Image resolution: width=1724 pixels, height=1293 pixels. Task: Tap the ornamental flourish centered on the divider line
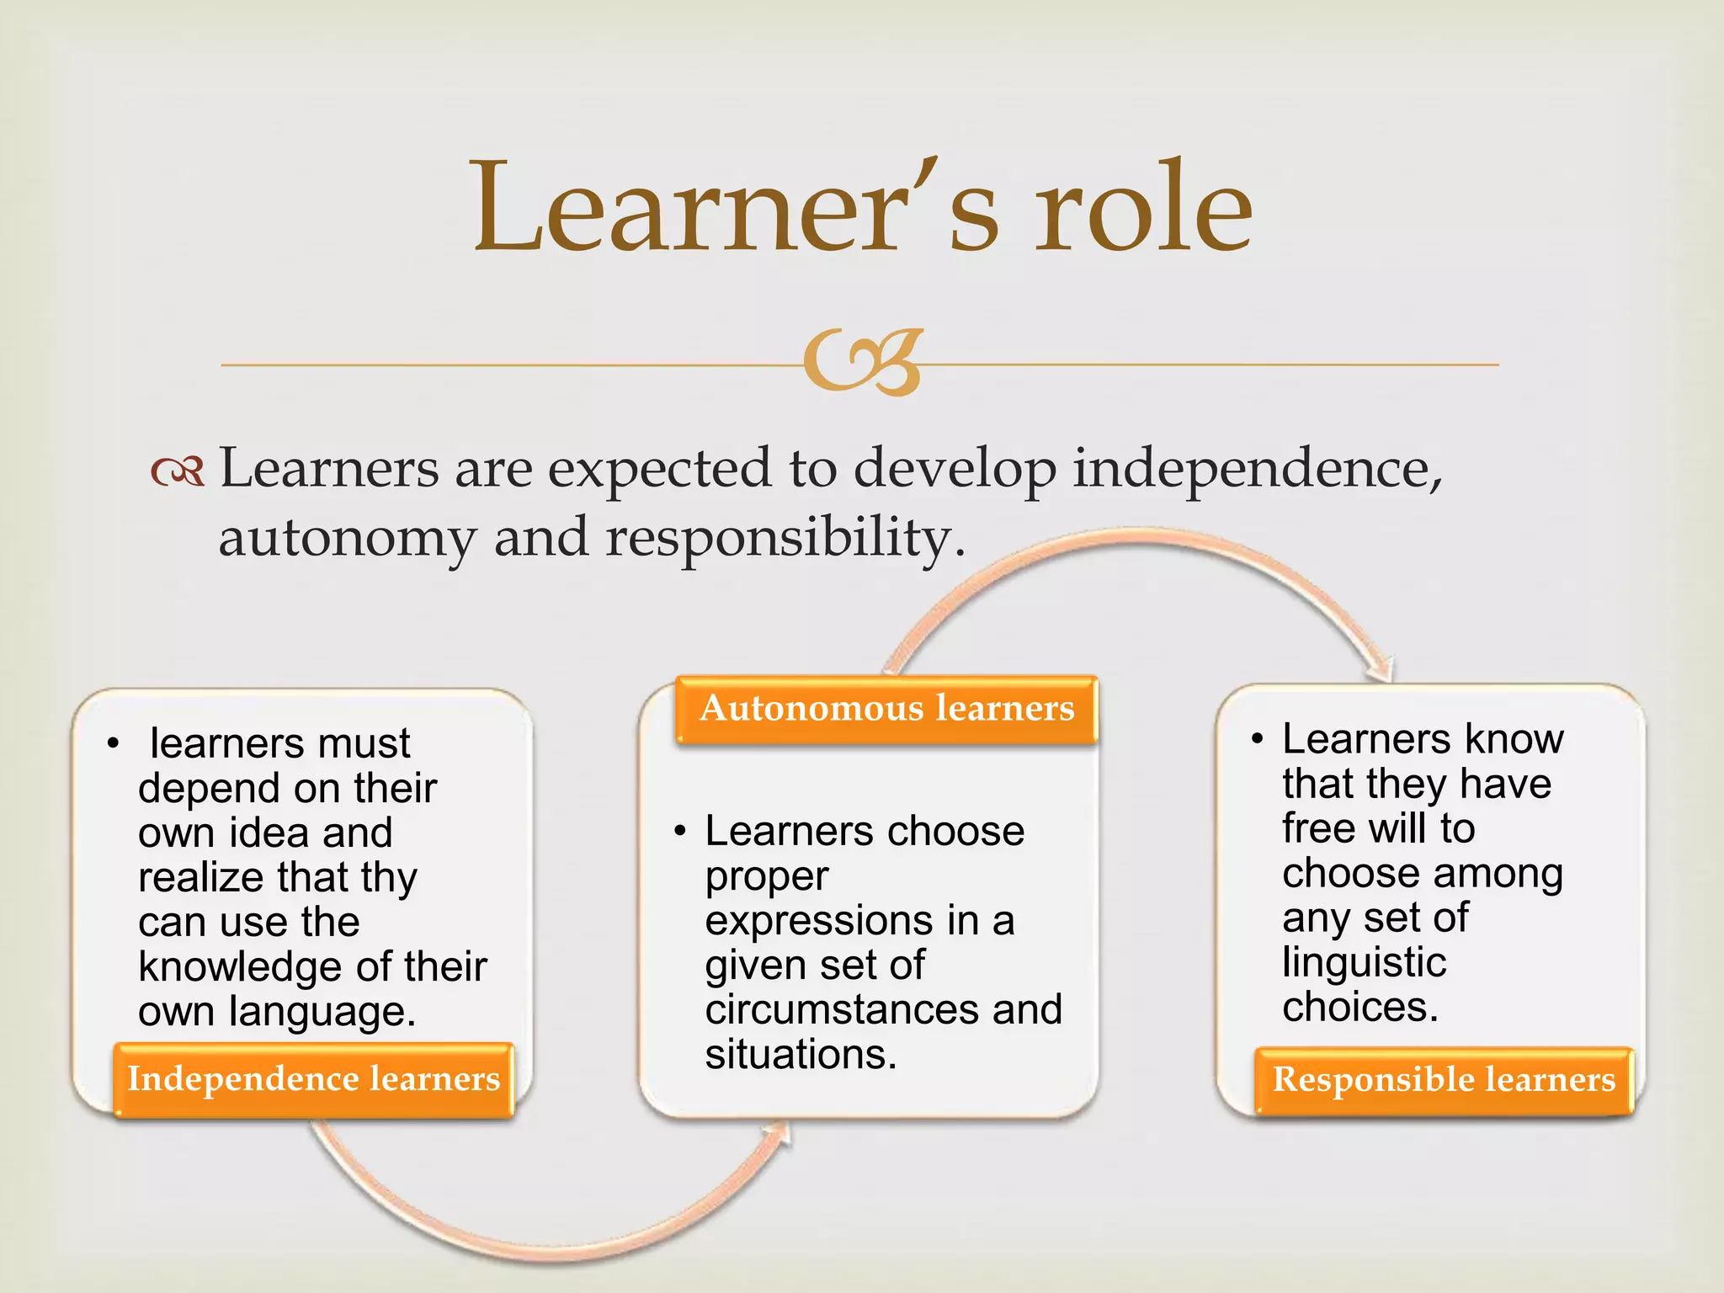coord(862,362)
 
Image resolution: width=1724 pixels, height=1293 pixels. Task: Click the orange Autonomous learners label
coord(887,709)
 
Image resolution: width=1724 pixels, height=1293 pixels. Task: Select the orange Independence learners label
coord(313,1079)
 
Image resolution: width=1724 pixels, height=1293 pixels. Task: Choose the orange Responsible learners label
coord(1444,1080)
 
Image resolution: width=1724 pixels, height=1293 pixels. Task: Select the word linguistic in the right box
coord(1364,963)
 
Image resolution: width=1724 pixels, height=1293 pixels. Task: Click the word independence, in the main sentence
coord(1257,469)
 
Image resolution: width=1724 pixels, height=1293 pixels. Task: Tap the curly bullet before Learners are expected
coord(178,471)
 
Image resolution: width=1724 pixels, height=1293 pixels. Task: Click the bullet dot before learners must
coord(113,744)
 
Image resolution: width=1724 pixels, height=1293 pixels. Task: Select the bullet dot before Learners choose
coord(680,832)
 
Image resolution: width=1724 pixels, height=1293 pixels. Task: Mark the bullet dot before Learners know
coord(1258,740)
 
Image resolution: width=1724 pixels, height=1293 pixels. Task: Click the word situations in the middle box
coord(800,1055)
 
